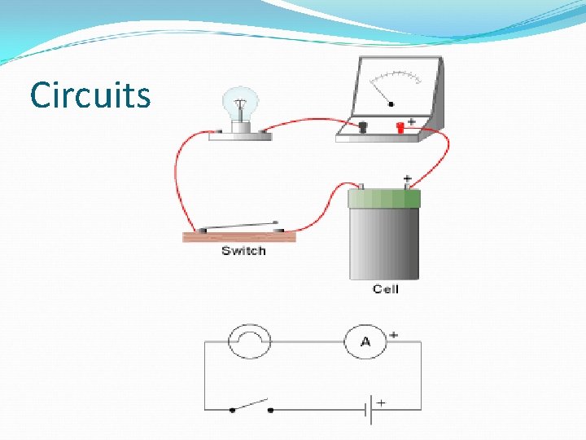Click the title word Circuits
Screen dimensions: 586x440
click(x=90, y=95)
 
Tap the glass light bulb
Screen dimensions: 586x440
click(x=240, y=103)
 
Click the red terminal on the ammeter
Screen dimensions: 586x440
click(x=400, y=126)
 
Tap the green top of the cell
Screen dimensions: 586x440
click(x=384, y=199)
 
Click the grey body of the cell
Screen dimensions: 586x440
click(x=384, y=244)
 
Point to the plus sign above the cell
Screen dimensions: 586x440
click(x=407, y=177)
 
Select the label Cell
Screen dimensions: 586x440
click(x=385, y=289)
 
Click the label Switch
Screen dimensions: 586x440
click(x=243, y=251)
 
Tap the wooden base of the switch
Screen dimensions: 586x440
click(x=238, y=237)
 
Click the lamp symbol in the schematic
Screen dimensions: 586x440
click(x=249, y=341)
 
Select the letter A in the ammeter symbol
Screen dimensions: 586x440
click(x=365, y=342)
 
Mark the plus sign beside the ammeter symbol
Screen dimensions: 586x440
click(x=394, y=334)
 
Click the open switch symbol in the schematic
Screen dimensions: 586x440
click(x=251, y=406)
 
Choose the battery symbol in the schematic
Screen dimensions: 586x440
click(x=370, y=409)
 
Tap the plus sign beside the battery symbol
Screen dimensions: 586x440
click(x=381, y=402)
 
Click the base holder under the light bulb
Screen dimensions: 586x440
click(x=240, y=134)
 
